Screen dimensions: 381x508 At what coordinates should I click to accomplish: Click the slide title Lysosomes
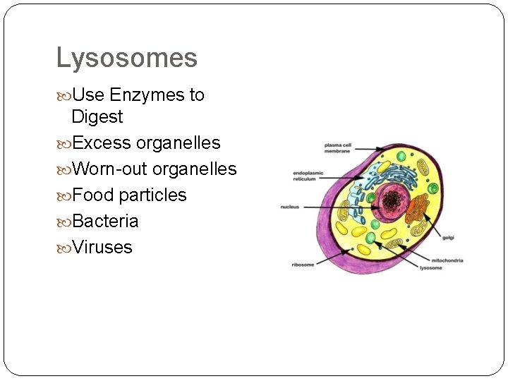point(126,58)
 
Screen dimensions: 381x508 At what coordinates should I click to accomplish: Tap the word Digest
point(97,116)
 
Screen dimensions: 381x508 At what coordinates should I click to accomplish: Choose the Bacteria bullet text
point(105,221)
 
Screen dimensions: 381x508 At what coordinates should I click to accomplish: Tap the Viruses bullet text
point(102,247)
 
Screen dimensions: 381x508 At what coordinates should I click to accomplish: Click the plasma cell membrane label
point(339,147)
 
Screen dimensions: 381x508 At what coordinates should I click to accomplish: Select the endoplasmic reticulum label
point(308,176)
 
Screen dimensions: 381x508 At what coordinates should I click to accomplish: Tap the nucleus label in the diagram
point(289,207)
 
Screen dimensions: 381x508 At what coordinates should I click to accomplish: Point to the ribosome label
point(303,265)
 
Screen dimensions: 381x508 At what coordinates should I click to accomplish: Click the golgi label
point(448,237)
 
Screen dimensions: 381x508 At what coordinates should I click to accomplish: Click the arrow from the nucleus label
point(339,206)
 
